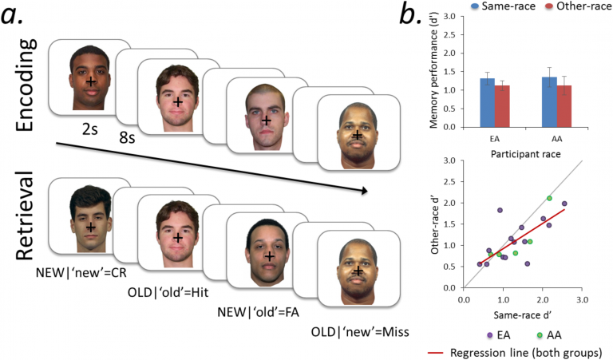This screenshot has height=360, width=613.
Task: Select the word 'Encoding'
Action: pos(26,85)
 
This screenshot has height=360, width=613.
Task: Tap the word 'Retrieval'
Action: pos(26,216)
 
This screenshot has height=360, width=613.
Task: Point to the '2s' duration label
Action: pos(90,129)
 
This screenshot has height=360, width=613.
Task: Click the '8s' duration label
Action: pos(127,137)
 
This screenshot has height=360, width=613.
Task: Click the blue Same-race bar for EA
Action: pos(487,102)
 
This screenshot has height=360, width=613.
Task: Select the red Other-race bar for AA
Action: pos(564,106)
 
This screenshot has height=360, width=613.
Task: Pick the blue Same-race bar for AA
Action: pos(549,102)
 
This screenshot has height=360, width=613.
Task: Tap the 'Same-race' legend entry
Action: pos(504,6)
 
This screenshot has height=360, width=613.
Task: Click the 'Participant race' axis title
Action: pos(526,154)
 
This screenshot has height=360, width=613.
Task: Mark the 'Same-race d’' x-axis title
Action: pos(523,315)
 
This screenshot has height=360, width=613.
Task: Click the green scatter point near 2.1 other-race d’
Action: pos(549,198)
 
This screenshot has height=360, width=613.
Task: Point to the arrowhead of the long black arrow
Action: pos(365,191)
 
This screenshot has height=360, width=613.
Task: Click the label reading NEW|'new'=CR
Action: pos(81,272)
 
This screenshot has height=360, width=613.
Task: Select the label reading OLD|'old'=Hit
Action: pos(168,292)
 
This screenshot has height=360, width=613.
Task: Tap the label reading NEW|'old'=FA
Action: pos(259,312)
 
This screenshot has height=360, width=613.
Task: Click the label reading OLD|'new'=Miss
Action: pos(360,332)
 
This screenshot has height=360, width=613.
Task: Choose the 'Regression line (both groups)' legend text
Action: pos(526,353)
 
